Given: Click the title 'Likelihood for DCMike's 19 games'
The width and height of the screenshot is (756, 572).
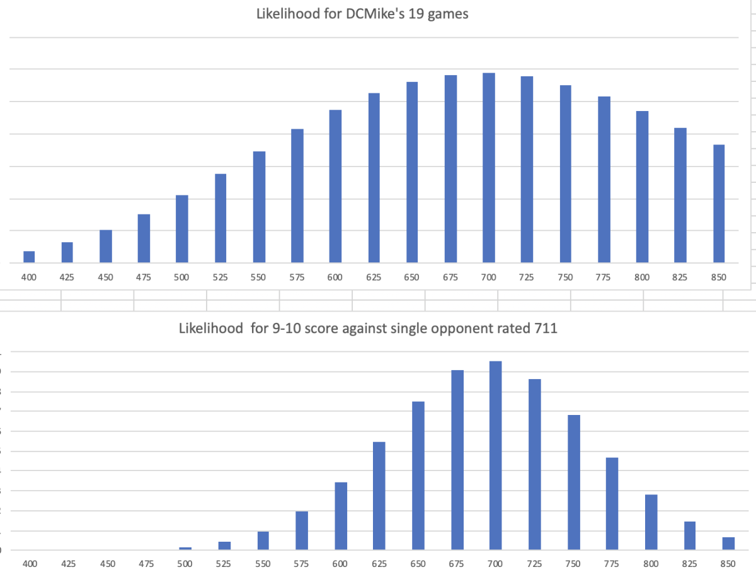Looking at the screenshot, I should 362,14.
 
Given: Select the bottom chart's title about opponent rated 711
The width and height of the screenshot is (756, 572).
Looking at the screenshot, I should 368,329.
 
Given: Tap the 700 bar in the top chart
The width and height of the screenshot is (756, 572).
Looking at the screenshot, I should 488,168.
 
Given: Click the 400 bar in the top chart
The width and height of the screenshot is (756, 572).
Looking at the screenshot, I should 29,257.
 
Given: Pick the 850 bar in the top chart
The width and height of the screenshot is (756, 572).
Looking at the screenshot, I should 718,204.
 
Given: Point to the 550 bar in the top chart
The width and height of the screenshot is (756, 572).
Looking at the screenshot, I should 259,207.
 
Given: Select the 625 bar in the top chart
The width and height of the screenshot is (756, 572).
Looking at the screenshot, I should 374,178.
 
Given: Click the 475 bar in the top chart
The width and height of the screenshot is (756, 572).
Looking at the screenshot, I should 144,238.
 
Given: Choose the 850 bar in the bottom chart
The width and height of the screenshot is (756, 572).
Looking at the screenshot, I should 728,544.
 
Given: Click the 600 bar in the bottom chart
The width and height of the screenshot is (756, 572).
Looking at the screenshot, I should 341,516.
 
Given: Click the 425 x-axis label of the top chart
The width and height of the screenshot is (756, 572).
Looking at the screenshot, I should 67,277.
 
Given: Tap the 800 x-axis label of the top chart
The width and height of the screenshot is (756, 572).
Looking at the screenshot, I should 642,277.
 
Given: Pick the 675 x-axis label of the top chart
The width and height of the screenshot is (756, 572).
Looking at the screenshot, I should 450,277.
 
